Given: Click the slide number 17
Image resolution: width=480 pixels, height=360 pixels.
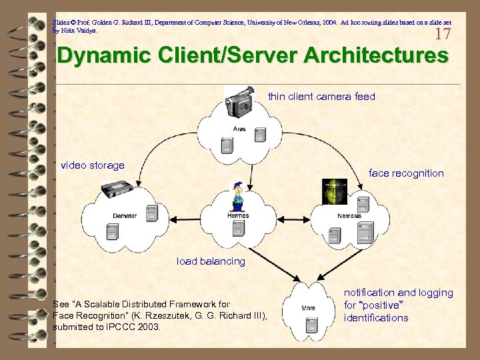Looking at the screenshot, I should pyautogui.click(x=442, y=33).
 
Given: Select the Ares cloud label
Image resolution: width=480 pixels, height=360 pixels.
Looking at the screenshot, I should pyautogui.click(x=239, y=129).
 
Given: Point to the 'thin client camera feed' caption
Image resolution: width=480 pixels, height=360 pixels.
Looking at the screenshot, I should pyautogui.click(x=321, y=97).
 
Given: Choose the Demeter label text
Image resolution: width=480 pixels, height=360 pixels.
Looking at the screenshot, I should pyautogui.click(x=125, y=215).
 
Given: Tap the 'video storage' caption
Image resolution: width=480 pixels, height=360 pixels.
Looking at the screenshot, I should pyautogui.click(x=93, y=165).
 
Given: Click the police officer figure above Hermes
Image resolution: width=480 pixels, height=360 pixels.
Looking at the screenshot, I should pyautogui.click(x=237, y=196).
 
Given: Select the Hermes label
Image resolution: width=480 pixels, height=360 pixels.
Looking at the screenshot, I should pyautogui.click(x=237, y=215).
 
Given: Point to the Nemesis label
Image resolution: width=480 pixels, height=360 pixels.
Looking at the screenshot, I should pyautogui.click(x=349, y=215).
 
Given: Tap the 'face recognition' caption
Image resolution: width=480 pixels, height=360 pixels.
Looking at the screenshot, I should pyautogui.click(x=406, y=173).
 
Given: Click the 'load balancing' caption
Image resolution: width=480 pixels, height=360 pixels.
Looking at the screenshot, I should pyautogui.click(x=211, y=261).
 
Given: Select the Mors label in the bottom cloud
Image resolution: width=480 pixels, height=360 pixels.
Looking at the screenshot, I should pyautogui.click(x=308, y=308).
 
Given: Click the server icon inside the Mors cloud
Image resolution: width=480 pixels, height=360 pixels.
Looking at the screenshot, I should pyautogui.click(x=310, y=326).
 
